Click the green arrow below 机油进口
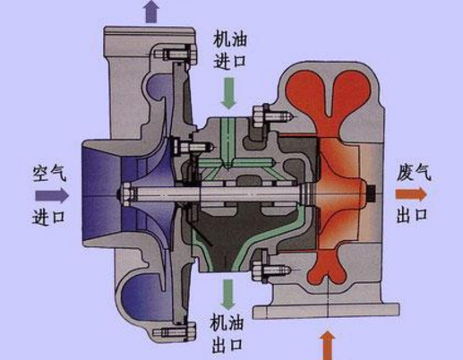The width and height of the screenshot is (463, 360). pyautogui.click(x=228, y=93)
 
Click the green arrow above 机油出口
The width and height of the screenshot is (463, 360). pyautogui.click(x=228, y=295)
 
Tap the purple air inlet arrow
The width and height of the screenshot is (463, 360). pyautogui.click(x=52, y=195)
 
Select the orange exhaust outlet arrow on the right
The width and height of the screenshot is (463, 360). pyautogui.click(x=411, y=194)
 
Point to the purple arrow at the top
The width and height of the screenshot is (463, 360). pyautogui.click(x=151, y=12)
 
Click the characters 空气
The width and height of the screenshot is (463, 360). pyautogui.click(x=49, y=173)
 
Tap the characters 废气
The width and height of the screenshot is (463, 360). pyautogui.click(x=414, y=172)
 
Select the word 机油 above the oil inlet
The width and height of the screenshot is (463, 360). pyautogui.click(x=230, y=39)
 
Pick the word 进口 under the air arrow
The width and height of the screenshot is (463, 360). pyautogui.click(x=48, y=217)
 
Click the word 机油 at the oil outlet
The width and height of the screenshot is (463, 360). pyautogui.click(x=227, y=323)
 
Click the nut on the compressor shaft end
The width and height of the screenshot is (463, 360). pyautogui.click(x=125, y=195)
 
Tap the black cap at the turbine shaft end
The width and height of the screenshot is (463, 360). pyautogui.click(x=371, y=194)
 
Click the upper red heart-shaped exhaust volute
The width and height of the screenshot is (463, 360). pyautogui.click(x=329, y=96)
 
